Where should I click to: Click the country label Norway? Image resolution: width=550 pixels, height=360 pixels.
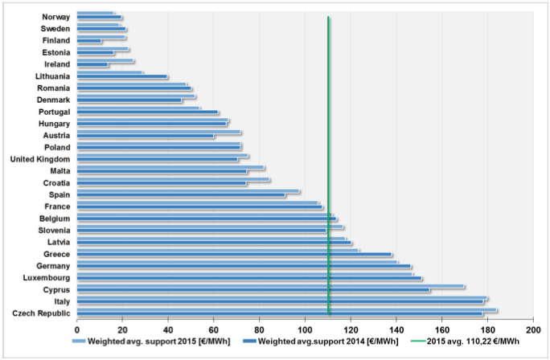pyautogui.click(x=57, y=16)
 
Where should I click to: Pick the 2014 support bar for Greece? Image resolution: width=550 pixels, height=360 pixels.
pyautogui.click(x=234, y=256)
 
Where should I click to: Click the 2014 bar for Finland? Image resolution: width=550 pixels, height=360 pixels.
pyautogui.click(x=89, y=41)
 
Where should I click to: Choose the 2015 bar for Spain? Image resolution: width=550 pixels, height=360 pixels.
pyautogui.click(x=188, y=191)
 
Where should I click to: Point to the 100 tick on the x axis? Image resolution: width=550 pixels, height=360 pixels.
pyautogui.click(x=305, y=329)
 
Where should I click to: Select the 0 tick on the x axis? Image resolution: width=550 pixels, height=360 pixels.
pyautogui.click(x=77, y=329)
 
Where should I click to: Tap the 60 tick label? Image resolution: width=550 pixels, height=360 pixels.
pyautogui.click(x=214, y=329)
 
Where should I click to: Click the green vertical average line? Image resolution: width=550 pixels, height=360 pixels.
pyautogui.click(x=329, y=161)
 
